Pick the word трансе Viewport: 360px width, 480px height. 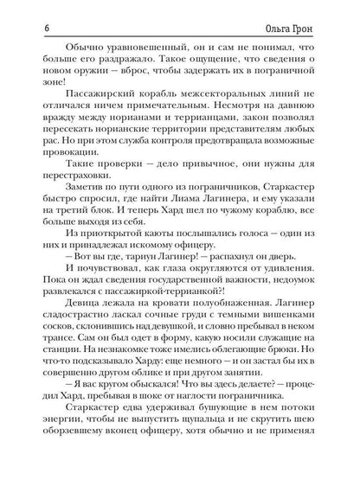click(x=56, y=353)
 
